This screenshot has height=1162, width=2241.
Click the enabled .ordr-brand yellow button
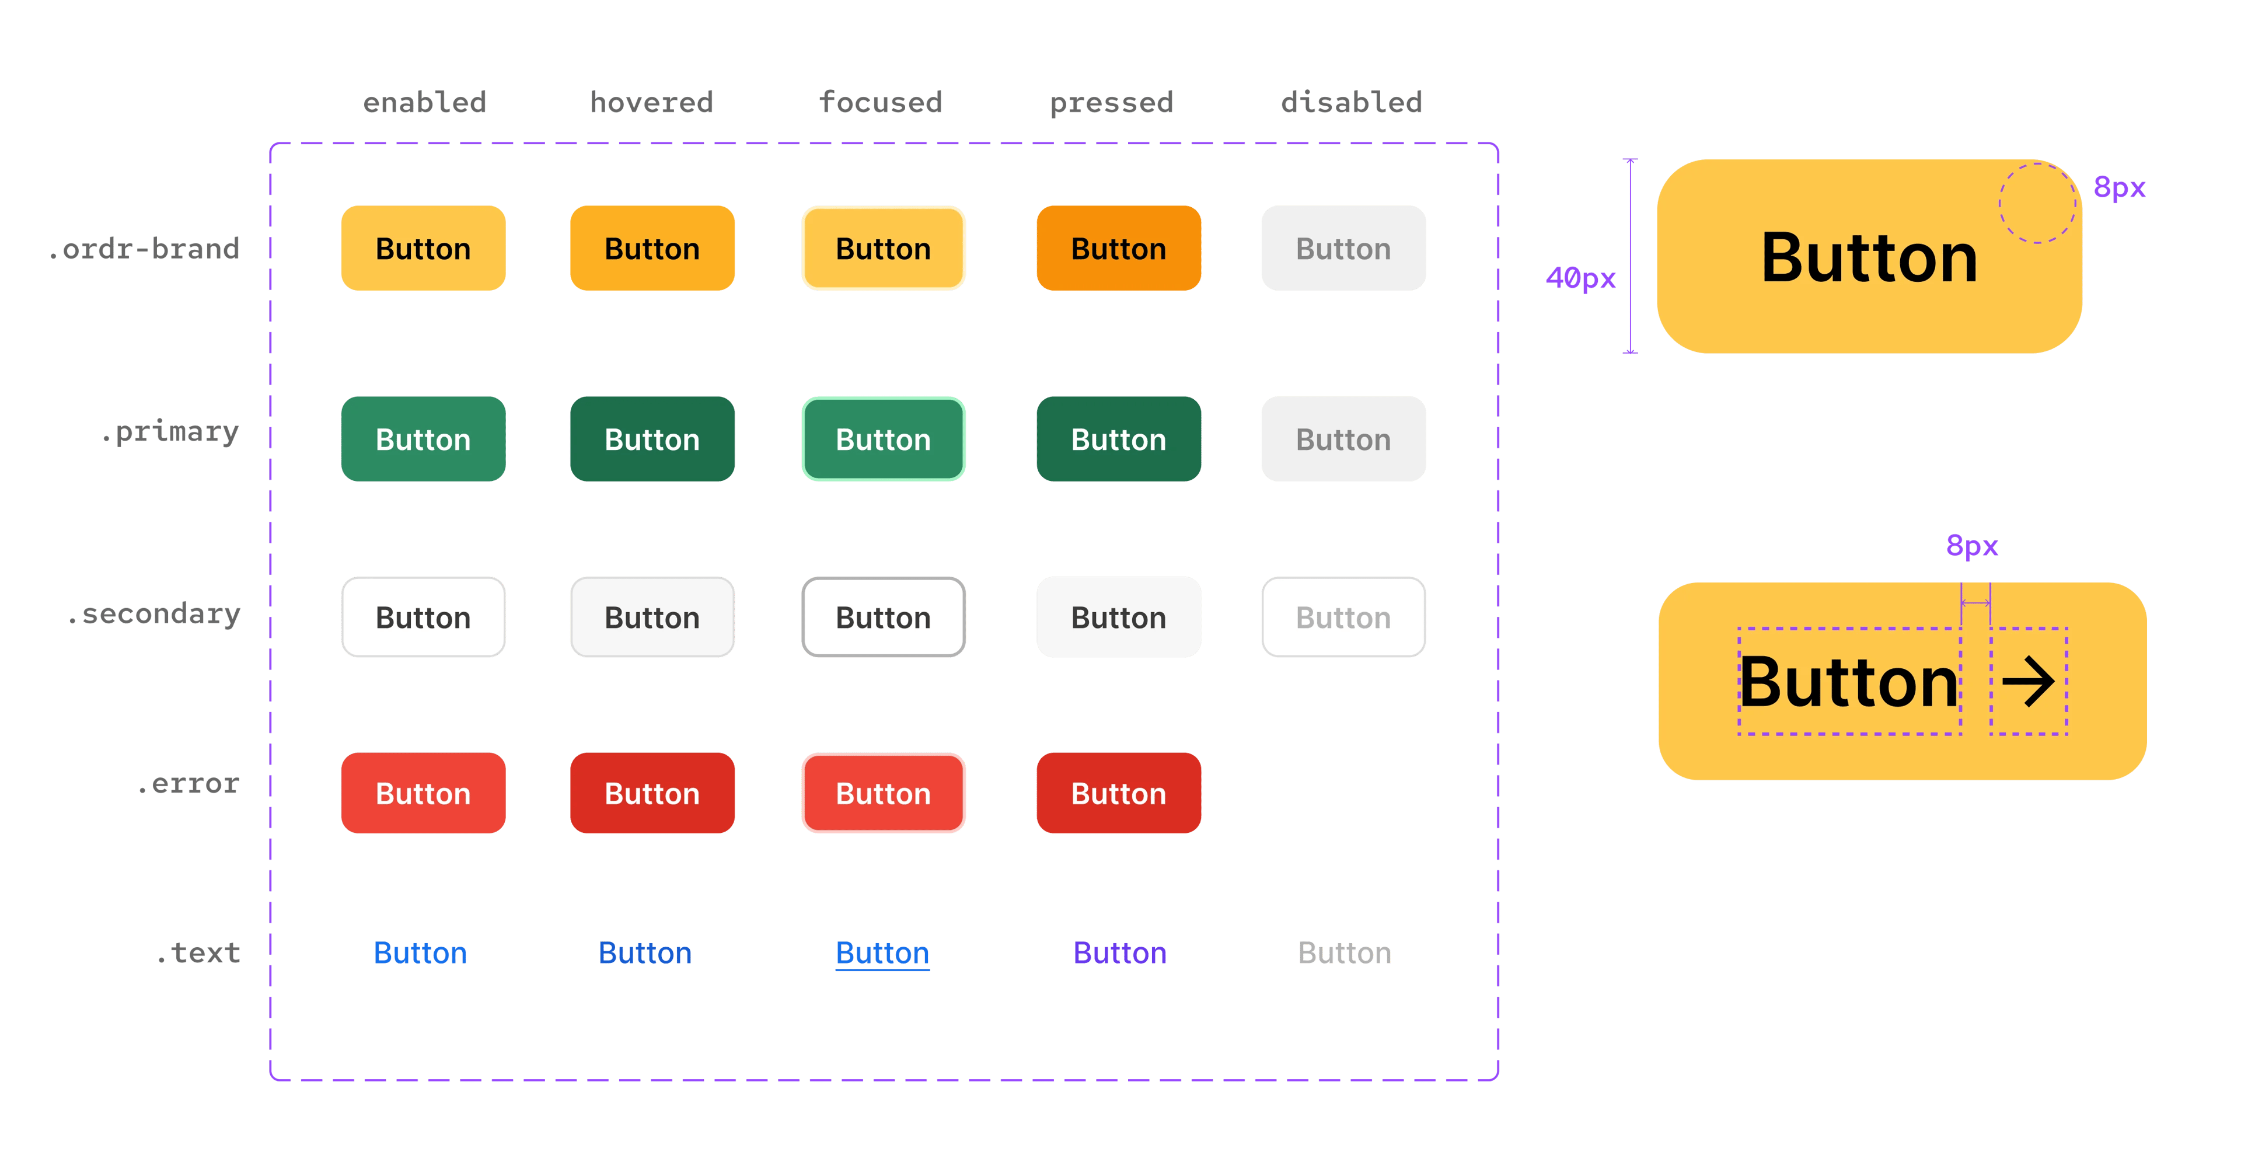pyautogui.click(x=423, y=249)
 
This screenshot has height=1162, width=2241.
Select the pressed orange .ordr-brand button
pyautogui.click(x=1118, y=249)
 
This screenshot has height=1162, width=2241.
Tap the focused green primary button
pyautogui.click(x=883, y=439)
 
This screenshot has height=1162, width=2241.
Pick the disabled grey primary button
pyautogui.click(x=1343, y=439)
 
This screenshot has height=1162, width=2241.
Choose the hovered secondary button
pyautogui.click(x=652, y=617)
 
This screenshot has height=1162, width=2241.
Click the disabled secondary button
pyautogui.click(x=1343, y=617)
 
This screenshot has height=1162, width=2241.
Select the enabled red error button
pyautogui.click(x=423, y=793)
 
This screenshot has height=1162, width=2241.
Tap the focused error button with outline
pyautogui.click(x=883, y=793)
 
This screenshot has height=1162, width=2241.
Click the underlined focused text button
pyautogui.click(x=882, y=953)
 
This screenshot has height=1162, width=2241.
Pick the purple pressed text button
pyautogui.click(x=1120, y=953)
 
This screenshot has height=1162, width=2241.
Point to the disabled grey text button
pyautogui.click(x=1344, y=953)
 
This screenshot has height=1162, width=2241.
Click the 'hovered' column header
pyautogui.click(x=652, y=103)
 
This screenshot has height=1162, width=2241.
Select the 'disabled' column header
pyautogui.click(x=1352, y=103)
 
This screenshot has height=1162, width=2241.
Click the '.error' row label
pyautogui.click(x=188, y=784)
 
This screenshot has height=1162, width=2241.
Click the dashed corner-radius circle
pyautogui.click(x=2037, y=203)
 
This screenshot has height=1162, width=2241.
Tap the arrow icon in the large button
pyautogui.click(x=2028, y=682)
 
